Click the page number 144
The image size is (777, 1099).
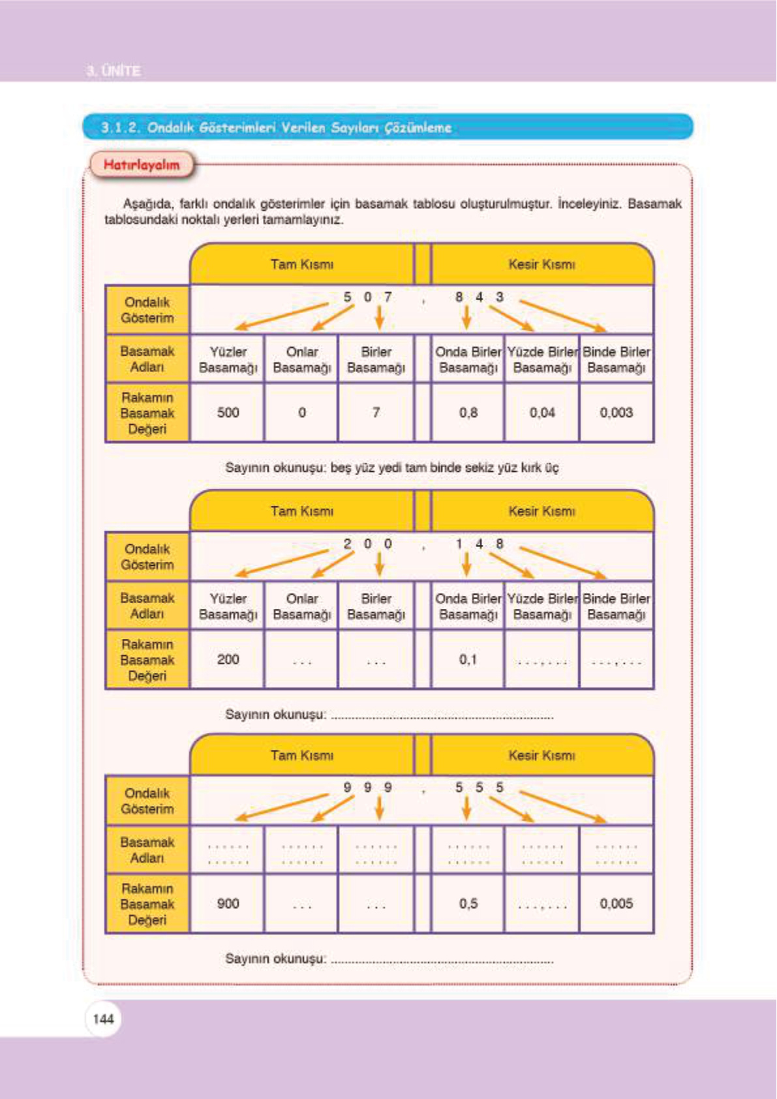[103, 1019]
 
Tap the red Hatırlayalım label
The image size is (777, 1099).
[142, 165]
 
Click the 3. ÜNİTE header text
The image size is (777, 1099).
[114, 70]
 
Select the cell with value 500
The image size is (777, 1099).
[228, 412]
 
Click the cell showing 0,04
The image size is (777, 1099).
[542, 412]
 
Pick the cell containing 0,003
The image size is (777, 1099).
[616, 412]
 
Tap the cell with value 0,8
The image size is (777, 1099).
[468, 412]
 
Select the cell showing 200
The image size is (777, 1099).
[228, 659]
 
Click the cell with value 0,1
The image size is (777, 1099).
[468, 659]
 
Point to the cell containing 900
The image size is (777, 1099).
[228, 904]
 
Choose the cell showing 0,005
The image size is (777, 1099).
[616, 904]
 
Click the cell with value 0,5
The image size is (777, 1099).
[468, 904]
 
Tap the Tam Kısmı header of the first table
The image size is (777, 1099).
[301, 264]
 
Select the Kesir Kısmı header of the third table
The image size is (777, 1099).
[541, 755]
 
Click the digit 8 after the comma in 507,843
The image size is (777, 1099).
[459, 297]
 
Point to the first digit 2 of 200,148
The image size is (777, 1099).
[347, 544]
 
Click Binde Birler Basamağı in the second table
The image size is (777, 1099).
[616, 606]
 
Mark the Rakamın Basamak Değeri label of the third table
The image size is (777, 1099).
[147, 904]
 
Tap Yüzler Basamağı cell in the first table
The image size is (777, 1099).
[228, 360]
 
